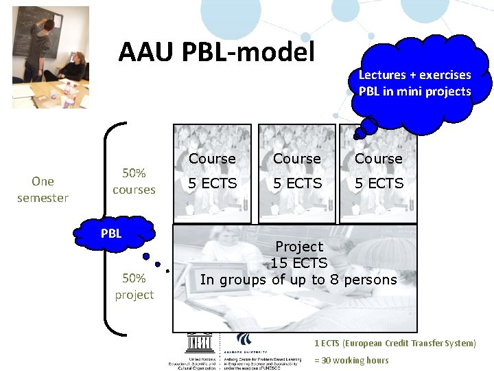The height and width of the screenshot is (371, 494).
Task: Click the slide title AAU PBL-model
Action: click(216, 52)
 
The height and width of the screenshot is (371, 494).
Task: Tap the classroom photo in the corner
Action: click(51, 58)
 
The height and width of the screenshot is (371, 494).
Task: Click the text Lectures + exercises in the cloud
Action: click(414, 75)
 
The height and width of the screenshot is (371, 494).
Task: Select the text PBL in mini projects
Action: click(414, 91)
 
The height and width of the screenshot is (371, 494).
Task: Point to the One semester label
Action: click(43, 190)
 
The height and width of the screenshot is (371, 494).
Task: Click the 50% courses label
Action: click(134, 181)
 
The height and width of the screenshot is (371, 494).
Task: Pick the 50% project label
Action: click(134, 286)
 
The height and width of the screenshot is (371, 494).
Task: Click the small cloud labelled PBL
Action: click(111, 234)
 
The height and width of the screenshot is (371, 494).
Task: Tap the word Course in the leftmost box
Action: click(212, 159)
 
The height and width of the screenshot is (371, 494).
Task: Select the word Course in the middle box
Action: click(297, 159)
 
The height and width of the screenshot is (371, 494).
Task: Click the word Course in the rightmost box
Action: click(378, 159)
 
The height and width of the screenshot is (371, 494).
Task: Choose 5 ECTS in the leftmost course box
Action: click(212, 183)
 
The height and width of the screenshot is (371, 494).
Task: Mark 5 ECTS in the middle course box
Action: click(297, 183)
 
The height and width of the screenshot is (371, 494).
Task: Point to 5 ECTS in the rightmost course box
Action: click(378, 183)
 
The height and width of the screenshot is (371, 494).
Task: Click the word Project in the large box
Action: click(298, 246)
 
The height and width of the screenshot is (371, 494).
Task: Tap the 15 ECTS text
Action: click(298, 262)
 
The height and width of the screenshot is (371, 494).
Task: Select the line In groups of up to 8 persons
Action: click(298, 280)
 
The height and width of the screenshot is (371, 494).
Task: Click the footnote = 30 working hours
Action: click(351, 361)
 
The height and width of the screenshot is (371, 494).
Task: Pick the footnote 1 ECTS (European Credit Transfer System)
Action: click(395, 343)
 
